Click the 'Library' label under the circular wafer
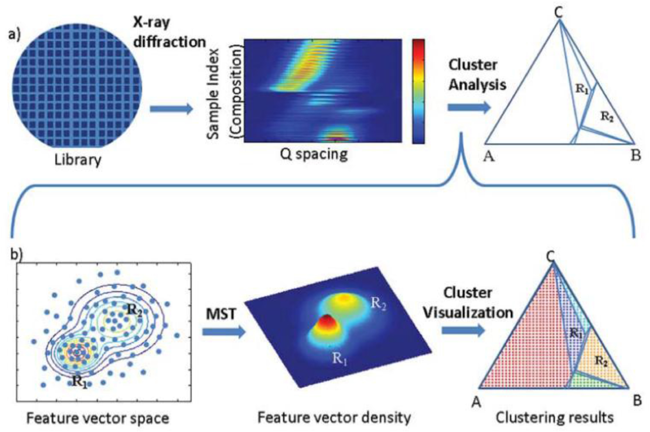[x=78, y=160]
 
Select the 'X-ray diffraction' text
[x=169, y=33]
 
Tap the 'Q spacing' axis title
[x=314, y=154]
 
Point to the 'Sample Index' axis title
[x=213, y=93]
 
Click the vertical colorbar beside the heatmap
[x=418, y=91]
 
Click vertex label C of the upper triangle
[x=558, y=13]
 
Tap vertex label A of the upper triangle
[x=489, y=156]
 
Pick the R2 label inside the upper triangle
[x=607, y=116]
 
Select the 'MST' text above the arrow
[x=221, y=314]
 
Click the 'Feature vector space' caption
[x=98, y=418]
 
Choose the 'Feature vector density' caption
[x=334, y=417]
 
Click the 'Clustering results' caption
[x=555, y=418]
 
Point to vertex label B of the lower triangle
[x=637, y=400]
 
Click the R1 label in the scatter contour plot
[x=79, y=381]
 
